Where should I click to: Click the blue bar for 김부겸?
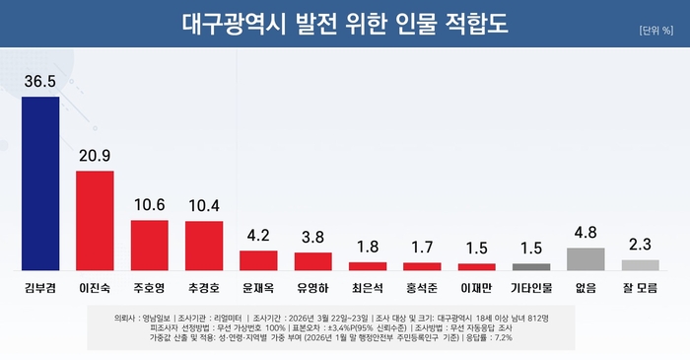40,183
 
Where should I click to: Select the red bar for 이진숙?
95,221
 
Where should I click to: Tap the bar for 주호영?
150,245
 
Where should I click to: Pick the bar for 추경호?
204,246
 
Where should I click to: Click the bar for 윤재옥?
258,260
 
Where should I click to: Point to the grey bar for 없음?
586,258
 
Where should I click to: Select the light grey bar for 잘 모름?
640,264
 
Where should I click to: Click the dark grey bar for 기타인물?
531,266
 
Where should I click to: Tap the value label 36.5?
40,82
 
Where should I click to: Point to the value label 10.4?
204,206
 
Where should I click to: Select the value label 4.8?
586,234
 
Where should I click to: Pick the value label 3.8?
312,238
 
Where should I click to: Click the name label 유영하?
312,289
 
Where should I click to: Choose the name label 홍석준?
422,289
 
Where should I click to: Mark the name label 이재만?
476,289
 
